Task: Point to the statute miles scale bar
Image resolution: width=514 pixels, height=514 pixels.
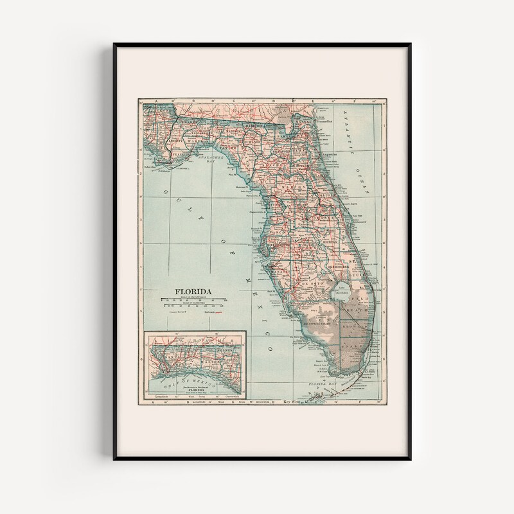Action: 193,299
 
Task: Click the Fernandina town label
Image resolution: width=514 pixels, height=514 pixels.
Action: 324,120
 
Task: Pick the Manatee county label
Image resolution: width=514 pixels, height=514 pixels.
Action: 279,271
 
